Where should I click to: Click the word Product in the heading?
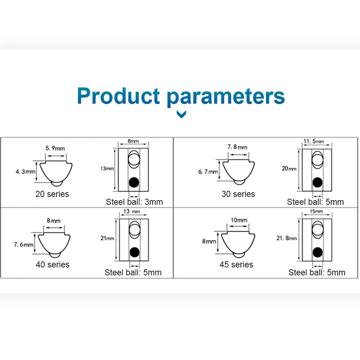click(118, 96)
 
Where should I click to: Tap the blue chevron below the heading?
click(182, 114)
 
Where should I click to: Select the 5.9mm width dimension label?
click(55, 148)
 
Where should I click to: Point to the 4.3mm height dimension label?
click(25, 172)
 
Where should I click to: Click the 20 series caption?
click(52, 194)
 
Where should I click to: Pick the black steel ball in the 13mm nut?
click(134, 183)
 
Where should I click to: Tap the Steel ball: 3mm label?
click(134, 202)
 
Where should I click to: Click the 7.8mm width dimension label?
click(237, 147)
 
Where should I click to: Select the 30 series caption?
click(238, 194)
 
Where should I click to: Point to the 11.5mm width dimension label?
click(314, 141)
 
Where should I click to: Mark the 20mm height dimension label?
click(289, 168)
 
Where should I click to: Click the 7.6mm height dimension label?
click(23, 245)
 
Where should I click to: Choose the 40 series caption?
click(53, 265)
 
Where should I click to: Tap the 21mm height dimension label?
click(107, 238)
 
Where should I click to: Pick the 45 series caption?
click(236, 265)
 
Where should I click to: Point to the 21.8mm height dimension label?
click(287, 238)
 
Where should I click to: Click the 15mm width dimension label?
click(316, 211)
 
